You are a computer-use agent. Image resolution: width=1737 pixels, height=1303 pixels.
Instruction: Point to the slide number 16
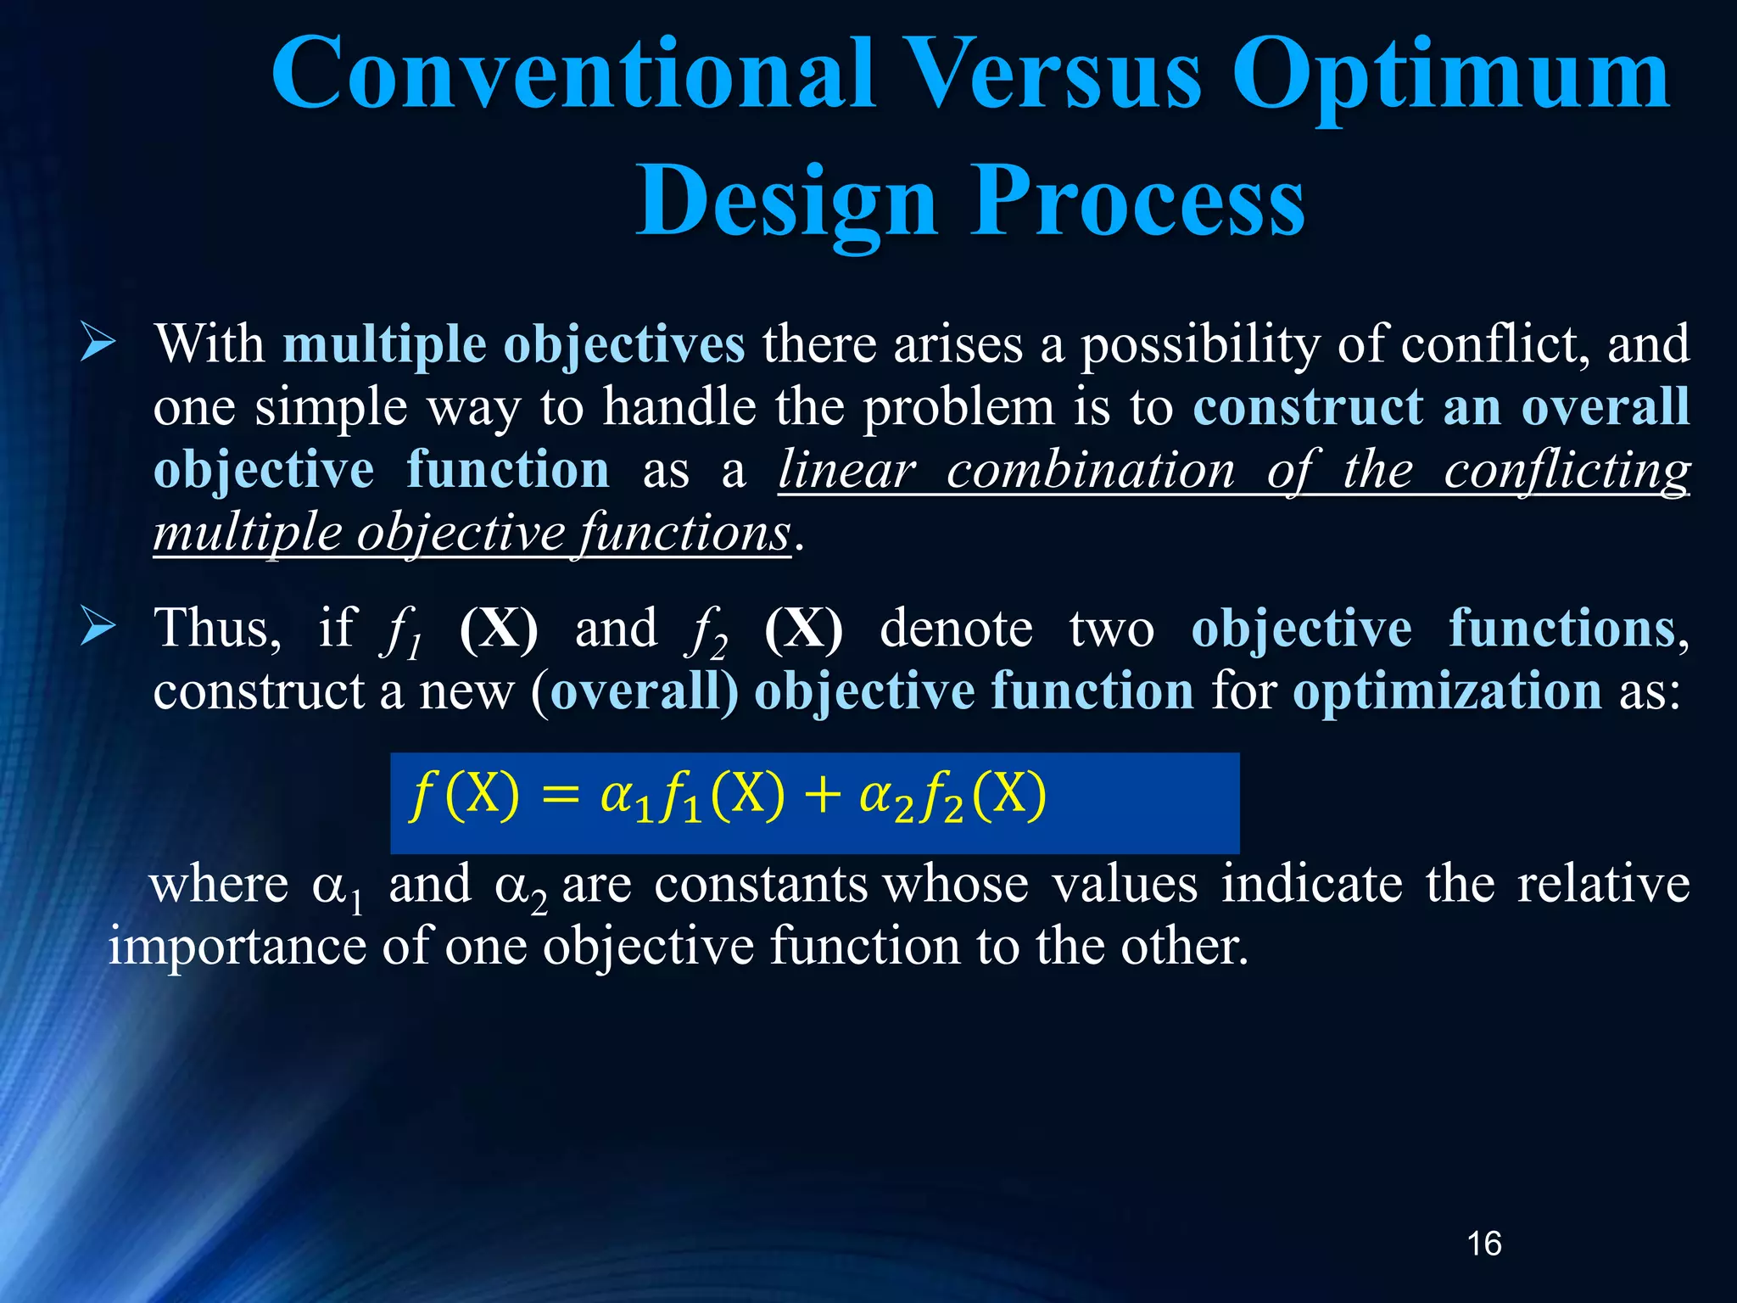tap(1483, 1244)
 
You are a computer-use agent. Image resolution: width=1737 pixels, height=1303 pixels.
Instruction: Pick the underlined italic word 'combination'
tap(1091, 470)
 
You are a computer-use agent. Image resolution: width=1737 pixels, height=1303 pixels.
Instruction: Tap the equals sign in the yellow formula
tap(560, 797)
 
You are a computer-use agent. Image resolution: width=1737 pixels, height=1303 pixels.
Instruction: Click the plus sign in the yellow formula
tap(822, 797)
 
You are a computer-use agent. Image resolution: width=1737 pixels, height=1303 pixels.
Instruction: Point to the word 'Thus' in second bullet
tap(217, 629)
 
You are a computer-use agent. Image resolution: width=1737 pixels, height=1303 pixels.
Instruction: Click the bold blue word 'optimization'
tap(1447, 692)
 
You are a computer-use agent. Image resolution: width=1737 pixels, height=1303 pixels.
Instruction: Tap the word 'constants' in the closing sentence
tap(761, 884)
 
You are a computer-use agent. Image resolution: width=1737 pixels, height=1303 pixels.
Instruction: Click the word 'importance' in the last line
tap(237, 947)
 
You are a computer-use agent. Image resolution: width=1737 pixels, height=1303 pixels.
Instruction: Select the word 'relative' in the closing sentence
tap(1603, 884)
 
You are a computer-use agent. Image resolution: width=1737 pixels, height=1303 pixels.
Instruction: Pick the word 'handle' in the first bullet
tap(679, 407)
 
